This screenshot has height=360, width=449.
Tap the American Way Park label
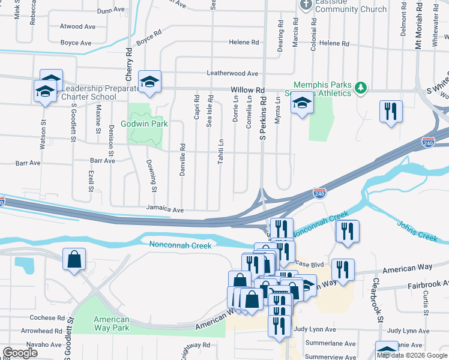tap(112, 323)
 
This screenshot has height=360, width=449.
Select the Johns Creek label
tap(417, 231)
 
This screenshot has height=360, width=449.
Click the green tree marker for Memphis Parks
tap(361, 89)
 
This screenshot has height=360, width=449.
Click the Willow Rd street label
tap(247, 90)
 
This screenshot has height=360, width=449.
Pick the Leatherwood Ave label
tap(232, 73)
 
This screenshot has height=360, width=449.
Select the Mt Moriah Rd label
tap(418, 25)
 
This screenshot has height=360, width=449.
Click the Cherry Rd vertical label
tap(128, 65)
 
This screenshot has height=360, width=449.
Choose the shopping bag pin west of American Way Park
tap(74, 260)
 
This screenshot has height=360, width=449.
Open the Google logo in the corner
tap(20, 353)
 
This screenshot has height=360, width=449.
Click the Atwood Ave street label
tap(77, 26)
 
